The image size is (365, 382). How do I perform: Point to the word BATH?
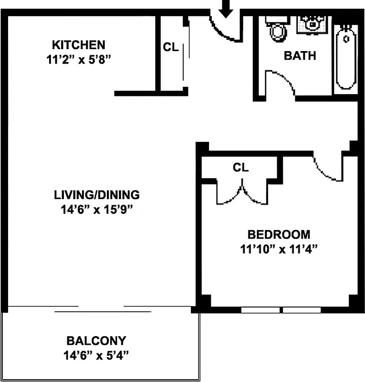coord(300,56)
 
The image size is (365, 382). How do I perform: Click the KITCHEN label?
coord(78,45)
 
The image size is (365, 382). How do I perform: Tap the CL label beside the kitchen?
coord(171,48)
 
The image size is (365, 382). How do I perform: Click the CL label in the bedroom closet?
coord(240,168)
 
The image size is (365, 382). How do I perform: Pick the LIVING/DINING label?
coord(96,195)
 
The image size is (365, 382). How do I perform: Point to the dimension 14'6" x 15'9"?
coord(96,210)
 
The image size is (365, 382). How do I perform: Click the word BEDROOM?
coord(279,234)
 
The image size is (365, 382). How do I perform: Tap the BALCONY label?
coord(96,341)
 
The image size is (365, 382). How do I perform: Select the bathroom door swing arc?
coord(282,84)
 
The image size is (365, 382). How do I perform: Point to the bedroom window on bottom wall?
coord(281,310)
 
